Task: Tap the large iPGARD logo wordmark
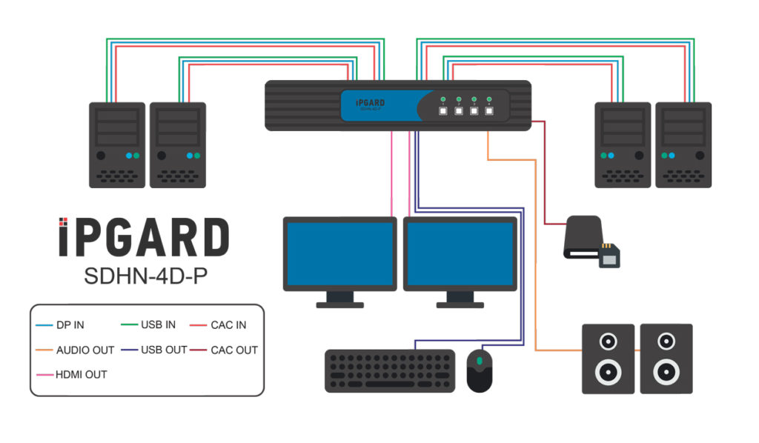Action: pos(143,238)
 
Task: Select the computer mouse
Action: pos(480,370)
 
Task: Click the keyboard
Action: pos(390,370)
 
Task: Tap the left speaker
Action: pos(608,359)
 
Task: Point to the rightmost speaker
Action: pos(666,359)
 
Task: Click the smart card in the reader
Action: pos(609,254)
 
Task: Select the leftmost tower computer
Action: pos(116,144)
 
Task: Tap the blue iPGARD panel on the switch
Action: pos(378,105)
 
